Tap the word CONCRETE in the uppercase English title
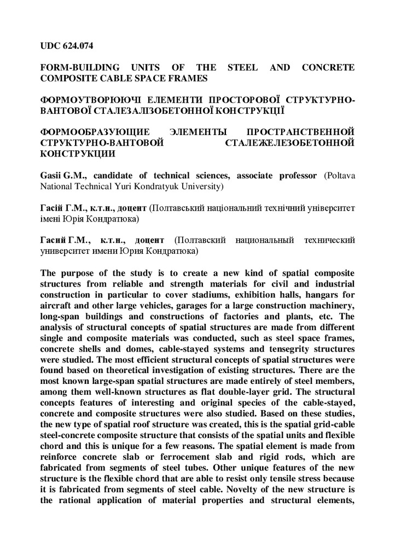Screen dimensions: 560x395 click(327, 68)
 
